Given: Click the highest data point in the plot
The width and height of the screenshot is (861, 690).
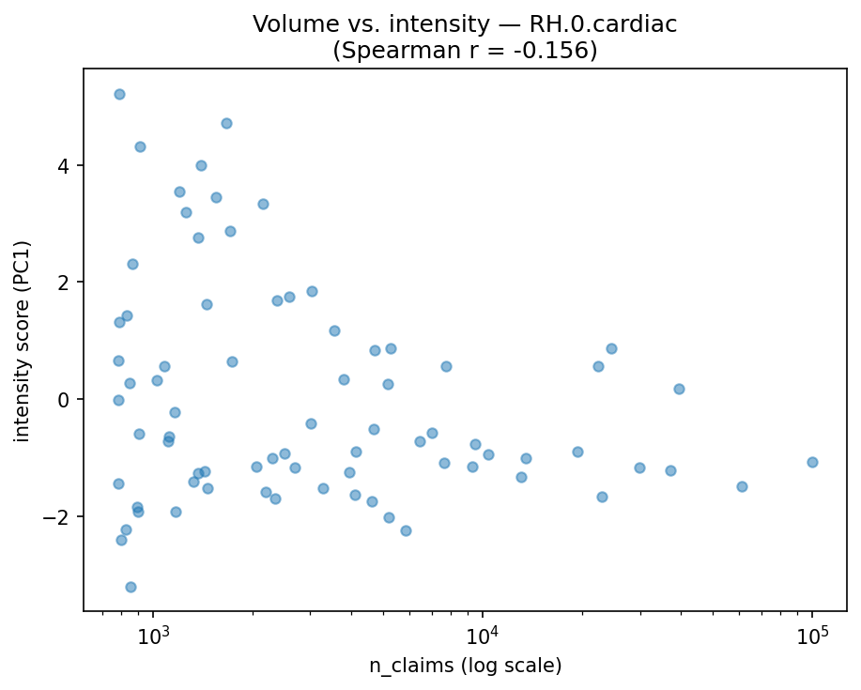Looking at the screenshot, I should pos(119,94).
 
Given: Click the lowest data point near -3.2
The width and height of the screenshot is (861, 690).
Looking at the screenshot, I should pos(131,587).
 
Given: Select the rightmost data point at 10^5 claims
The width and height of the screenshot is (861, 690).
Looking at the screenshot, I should pos(812,462).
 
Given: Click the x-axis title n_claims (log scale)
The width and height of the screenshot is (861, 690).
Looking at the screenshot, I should pos(465,666).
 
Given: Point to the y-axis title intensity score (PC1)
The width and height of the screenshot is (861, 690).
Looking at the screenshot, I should pos(22,340).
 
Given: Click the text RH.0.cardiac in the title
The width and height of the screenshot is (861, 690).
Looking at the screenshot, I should pos(596,25).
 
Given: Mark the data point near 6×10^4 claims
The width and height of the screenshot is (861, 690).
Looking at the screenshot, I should pos(742,486).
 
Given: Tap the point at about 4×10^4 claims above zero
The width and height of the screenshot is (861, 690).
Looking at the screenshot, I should pos(679,389).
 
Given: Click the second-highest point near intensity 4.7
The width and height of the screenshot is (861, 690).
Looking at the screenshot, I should pos(226,123).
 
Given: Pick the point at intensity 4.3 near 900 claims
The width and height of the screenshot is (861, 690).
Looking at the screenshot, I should pos(140,146).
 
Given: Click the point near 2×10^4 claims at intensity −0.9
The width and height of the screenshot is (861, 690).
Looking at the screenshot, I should pos(577,452).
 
